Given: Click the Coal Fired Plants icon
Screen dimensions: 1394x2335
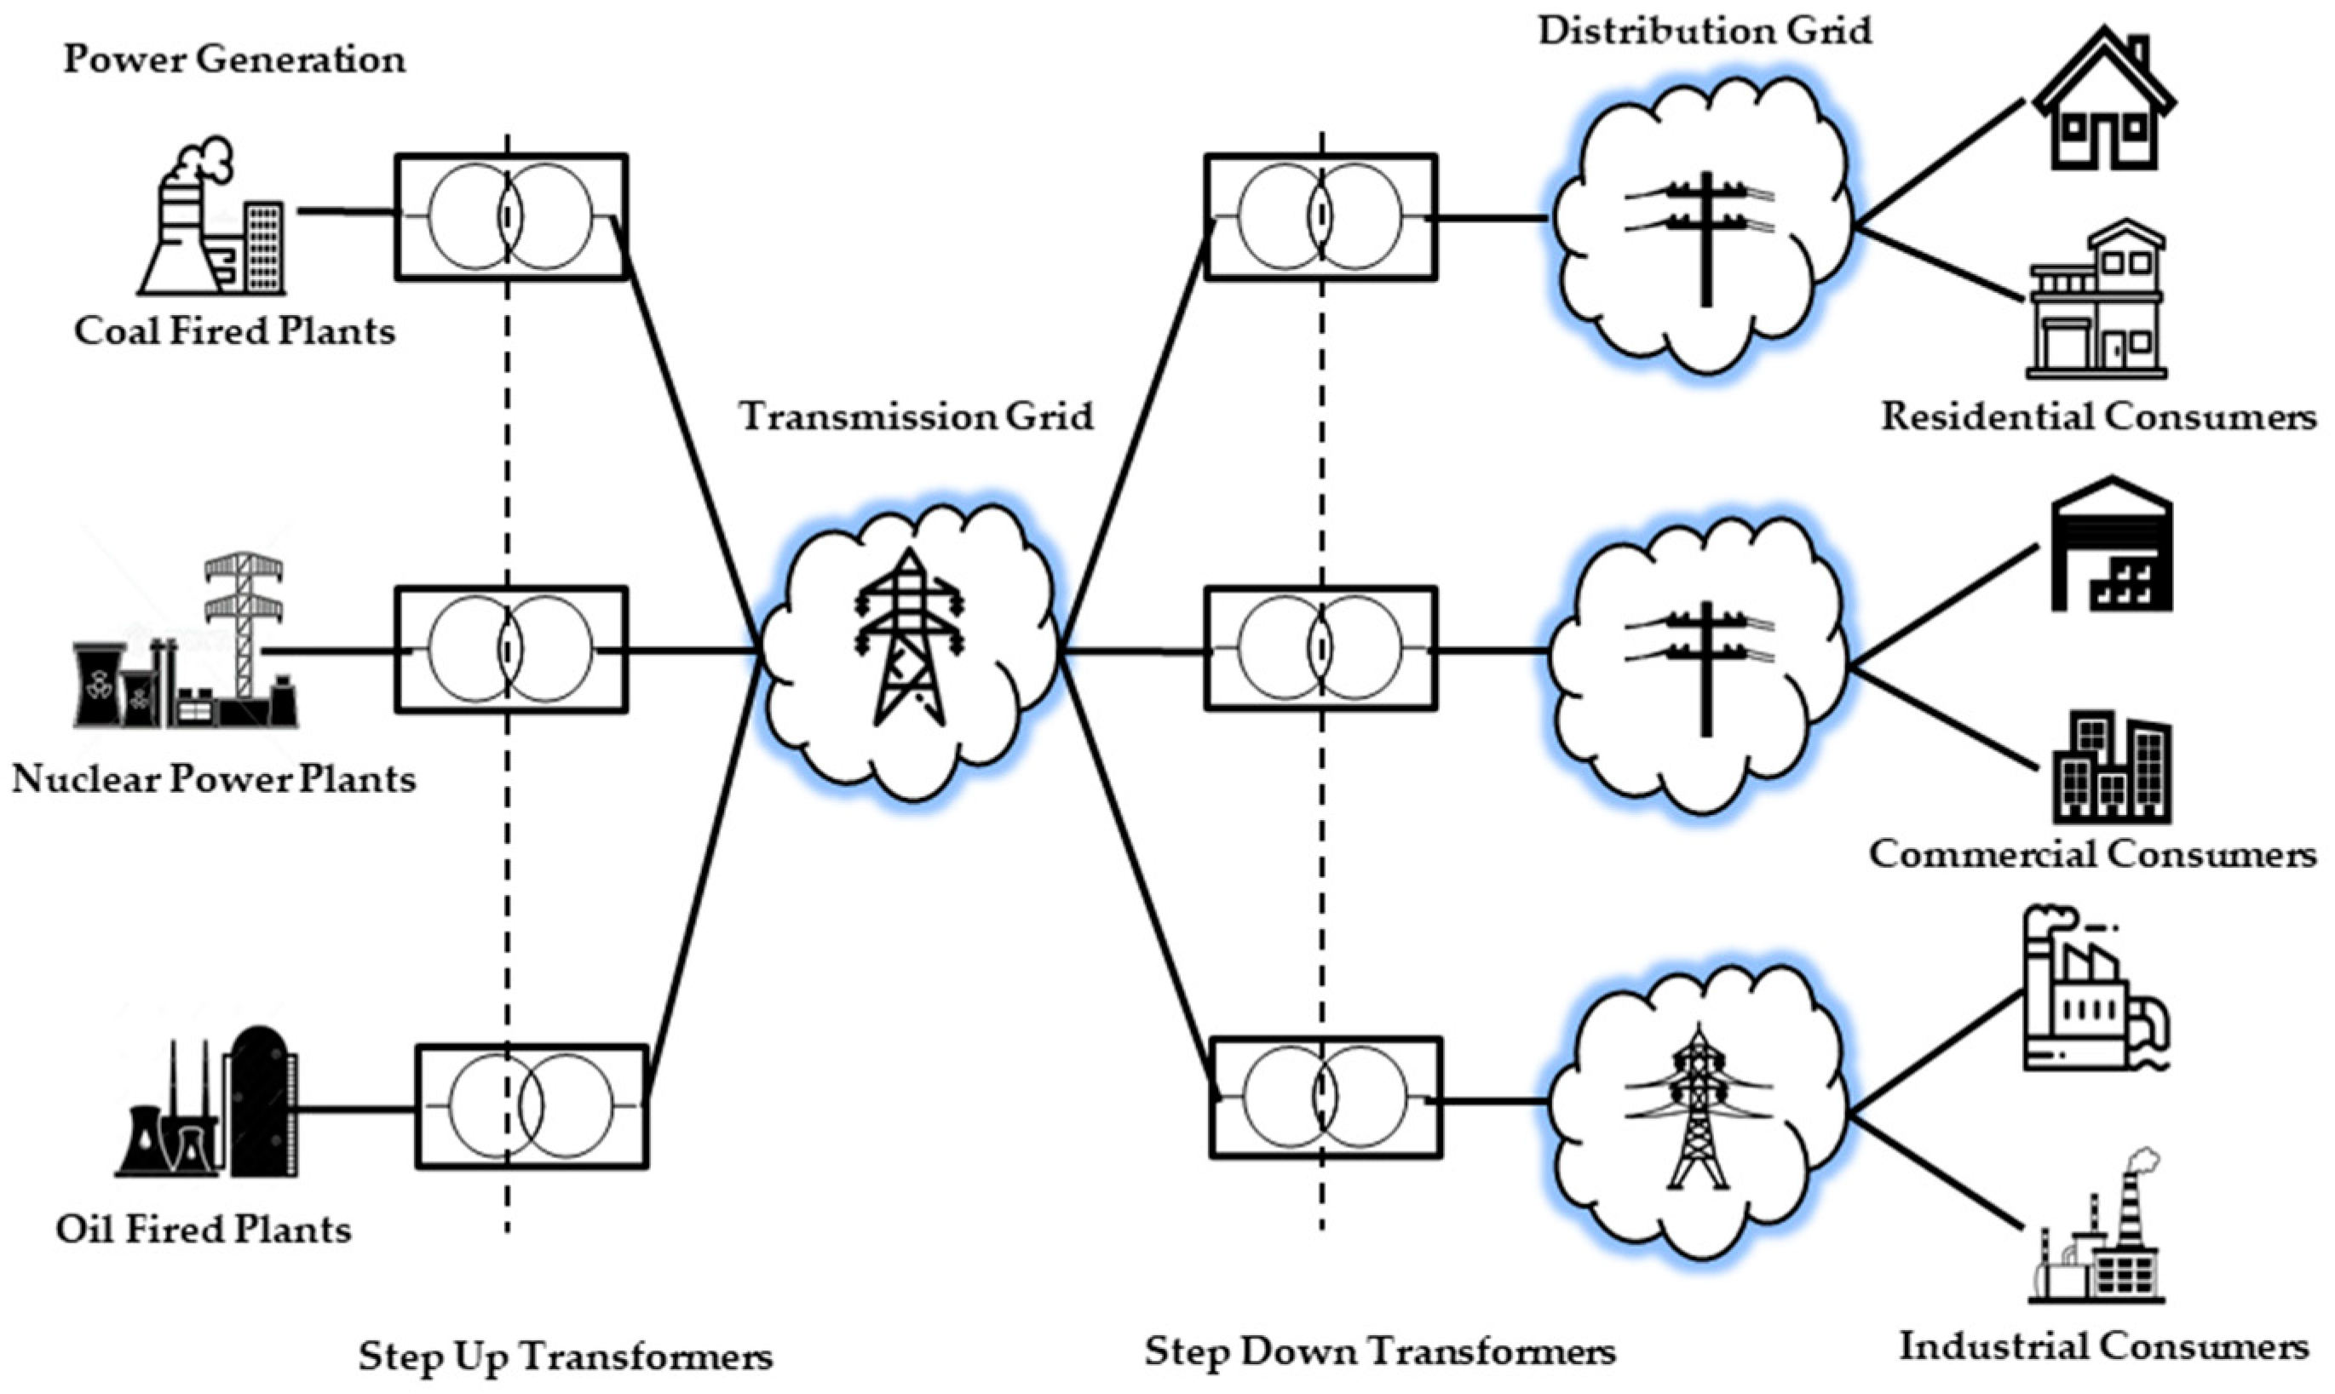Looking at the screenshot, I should click(x=213, y=221).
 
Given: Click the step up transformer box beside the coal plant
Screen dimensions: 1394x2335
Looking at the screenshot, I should click(x=511, y=217).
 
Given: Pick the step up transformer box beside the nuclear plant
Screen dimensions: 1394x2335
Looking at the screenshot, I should click(x=511, y=649).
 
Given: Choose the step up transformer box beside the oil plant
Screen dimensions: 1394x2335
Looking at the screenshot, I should click(x=532, y=1105).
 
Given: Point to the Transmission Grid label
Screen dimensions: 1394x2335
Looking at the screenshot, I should click(x=916, y=416).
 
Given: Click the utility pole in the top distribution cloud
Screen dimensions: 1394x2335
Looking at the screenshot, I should click(x=1704, y=235).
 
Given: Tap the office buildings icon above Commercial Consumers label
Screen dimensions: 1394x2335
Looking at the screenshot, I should click(x=2110, y=766).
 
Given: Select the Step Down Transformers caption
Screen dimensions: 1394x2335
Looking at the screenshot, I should click(x=1379, y=1351).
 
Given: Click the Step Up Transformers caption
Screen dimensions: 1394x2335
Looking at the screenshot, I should click(x=566, y=1356).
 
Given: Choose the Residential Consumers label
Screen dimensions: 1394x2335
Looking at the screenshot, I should click(x=2098, y=416).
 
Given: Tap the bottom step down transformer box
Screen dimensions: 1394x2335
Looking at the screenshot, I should click(x=1325, y=1097).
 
